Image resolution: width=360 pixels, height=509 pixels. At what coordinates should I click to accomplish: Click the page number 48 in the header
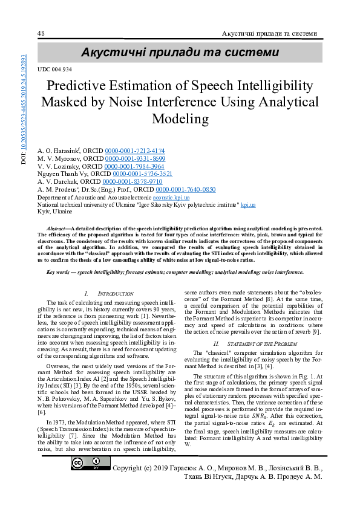pos(41,33)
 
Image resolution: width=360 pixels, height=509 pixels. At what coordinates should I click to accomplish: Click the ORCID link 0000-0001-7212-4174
pos(135,151)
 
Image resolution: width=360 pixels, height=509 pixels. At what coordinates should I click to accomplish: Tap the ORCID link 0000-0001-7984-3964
pos(134,166)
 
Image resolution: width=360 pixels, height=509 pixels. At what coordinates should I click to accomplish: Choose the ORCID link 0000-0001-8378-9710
pos(133,181)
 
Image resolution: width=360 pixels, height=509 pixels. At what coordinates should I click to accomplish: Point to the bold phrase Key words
pos(61,273)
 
